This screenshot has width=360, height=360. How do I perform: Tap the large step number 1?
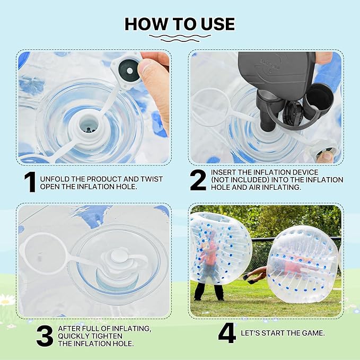(x=30, y=182)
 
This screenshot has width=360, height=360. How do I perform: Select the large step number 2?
(x=198, y=181)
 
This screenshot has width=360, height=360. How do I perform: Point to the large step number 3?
(x=45, y=337)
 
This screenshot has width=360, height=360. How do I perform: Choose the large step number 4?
(x=227, y=333)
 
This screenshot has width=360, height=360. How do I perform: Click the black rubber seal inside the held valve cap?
(x=129, y=71)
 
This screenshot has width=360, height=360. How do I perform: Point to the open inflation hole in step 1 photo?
(x=89, y=126)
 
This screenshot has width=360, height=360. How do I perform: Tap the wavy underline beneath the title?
(x=180, y=38)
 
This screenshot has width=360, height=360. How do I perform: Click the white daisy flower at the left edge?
(x=6, y=300)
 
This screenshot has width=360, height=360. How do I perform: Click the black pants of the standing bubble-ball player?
(x=208, y=291)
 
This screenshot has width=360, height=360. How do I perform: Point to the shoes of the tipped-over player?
(x=249, y=279)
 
